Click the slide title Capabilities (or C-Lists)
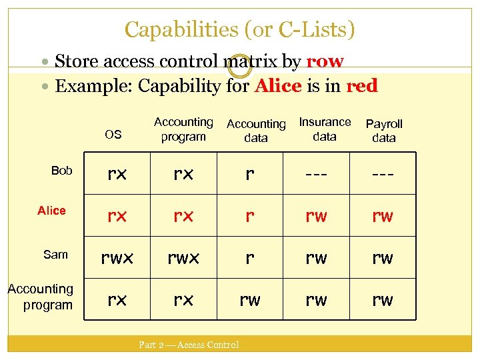coord(240,29)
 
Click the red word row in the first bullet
coord(325,62)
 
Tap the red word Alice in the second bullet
coord(277,86)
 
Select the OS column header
coord(113,134)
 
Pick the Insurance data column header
coord(325,129)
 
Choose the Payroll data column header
coord(384,131)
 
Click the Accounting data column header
coord(256,131)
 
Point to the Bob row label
coord(61,171)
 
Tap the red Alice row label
coord(51,211)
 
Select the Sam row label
coord(55,254)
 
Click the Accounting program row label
coord(40,297)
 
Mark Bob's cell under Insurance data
coord(316,174)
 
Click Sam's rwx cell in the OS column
coord(117,257)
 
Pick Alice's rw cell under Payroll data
coord(383,216)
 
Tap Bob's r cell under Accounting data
coord(249,174)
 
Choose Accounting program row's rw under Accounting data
coord(249,300)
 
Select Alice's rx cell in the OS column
coord(117,216)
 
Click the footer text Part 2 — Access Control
coord(188,345)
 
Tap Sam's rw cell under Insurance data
coord(316,257)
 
